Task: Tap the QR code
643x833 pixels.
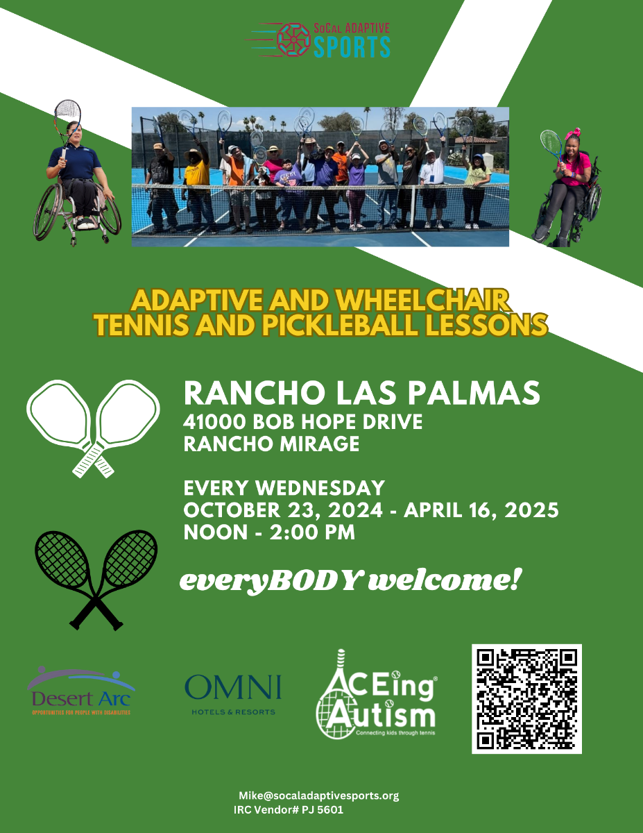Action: pyautogui.click(x=526, y=699)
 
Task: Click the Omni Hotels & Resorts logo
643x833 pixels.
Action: pyautogui.click(x=233, y=695)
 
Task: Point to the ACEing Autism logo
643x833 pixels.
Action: pyautogui.click(x=376, y=694)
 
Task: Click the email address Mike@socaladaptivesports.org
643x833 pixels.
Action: pyautogui.click(x=318, y=796)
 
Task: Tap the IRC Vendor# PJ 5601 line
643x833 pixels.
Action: pyautogui.click(x=289, y=809)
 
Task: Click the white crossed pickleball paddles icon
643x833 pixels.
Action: pyautogui.click(x=93, y=428)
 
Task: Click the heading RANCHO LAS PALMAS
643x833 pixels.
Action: pyautogui.click(x=361, y=393)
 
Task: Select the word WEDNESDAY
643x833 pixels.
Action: pyautogui.click(x=320, y=488)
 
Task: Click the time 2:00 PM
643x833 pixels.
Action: pyautogui.click(x=312, y=532)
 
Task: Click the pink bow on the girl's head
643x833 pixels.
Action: pyautogui.click(x=572, y=133)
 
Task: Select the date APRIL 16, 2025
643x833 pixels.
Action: pyautogui.click(x=481, y=510)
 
